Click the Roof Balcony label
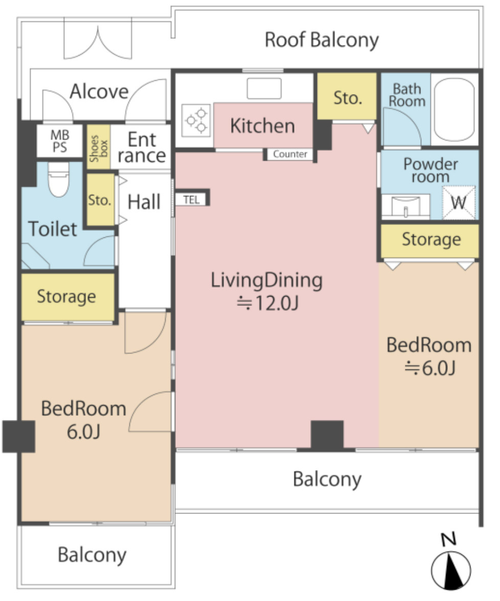[x=322, y=40]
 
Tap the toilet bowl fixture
[x=59, y=179]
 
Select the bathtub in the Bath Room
[x=454, y=109]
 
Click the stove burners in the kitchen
[x=196, y=120]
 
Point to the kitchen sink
[x=264, y=88]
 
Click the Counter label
[x=290, y=154]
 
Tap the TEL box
[x=192, y=199]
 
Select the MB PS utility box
[x=60, y=141]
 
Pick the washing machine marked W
[x=459, y=203]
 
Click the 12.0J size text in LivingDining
[x=267, y=303]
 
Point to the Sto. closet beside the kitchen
[x=347, y=97]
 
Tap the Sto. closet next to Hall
[x=100, y=199]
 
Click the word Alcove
[x=99, y=92]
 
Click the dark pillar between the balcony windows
[x=327, y=435]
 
